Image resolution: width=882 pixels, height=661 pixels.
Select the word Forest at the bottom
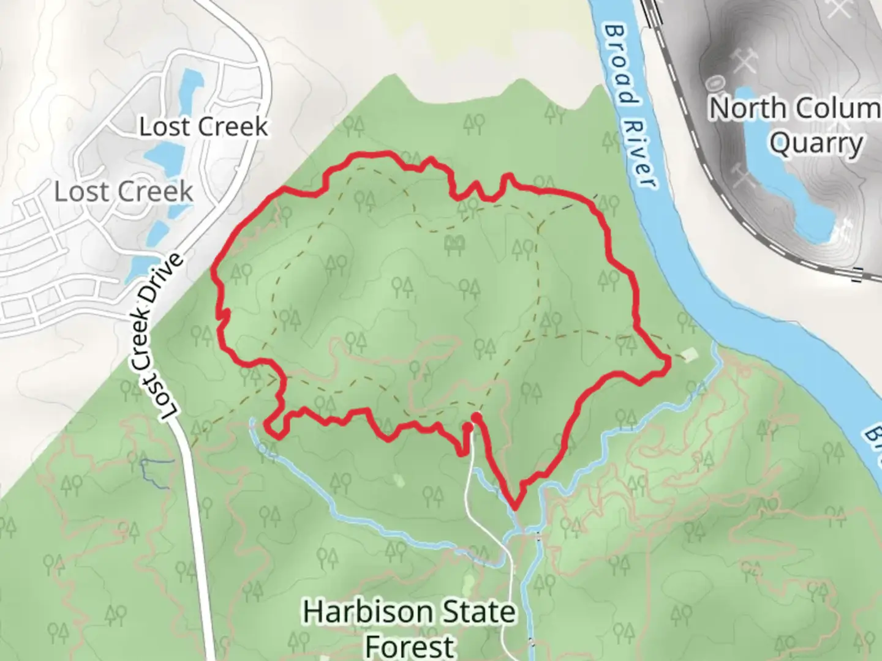coord(409,646)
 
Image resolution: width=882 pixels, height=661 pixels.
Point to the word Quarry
coord(816,144)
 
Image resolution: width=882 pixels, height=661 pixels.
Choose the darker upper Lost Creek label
coord(203,127)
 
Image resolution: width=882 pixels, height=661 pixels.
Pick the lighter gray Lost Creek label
coord(124,192)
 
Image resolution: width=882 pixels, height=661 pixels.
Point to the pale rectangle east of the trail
coord(690,355)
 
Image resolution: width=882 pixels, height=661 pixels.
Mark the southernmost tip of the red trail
coord(514,507)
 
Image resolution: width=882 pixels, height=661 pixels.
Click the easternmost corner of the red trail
coord(668,365)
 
